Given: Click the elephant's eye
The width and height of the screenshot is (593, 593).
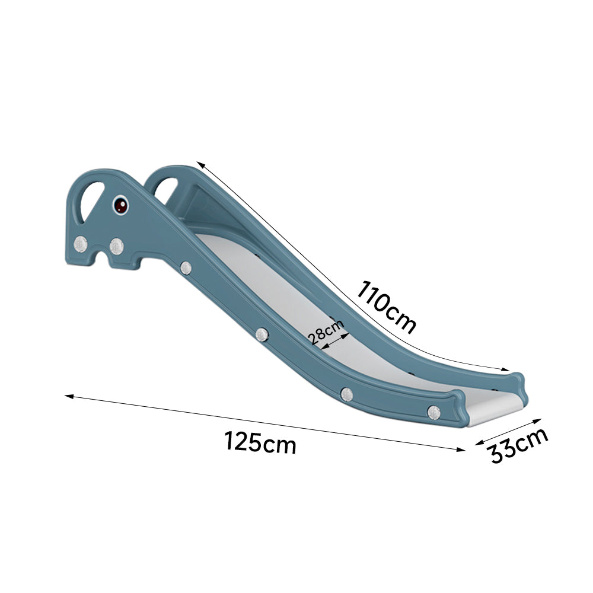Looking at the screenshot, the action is coord(120,205).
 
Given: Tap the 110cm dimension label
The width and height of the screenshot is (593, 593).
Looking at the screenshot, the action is coord(386,307).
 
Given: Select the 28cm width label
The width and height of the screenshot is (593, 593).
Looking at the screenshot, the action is coord(325,331).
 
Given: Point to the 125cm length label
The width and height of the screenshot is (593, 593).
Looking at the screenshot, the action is coord(260,442).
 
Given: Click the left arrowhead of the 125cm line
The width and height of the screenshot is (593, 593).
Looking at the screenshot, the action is coord(68,396).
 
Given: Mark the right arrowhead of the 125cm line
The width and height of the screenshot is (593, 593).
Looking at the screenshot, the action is coord(461,449).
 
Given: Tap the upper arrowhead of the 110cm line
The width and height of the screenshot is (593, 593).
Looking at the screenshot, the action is coord(200,164).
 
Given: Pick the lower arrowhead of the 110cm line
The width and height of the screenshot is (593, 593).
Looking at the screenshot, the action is coord(506,369).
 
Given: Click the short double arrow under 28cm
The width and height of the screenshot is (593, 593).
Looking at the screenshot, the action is coord(335,341).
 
